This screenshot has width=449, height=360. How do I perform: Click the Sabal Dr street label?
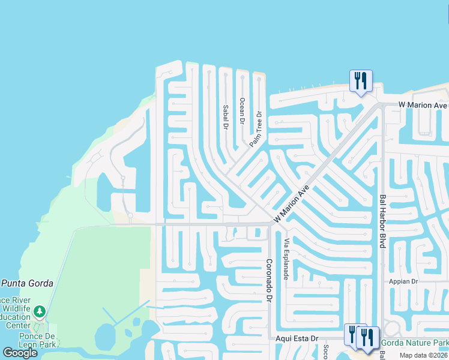click(x=226, y=118)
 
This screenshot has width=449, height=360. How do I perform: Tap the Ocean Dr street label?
click(x=242, y=110)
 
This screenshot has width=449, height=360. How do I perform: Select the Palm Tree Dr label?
click(x=257, y=129)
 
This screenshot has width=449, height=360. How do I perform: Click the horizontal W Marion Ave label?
click(x=423, y=105)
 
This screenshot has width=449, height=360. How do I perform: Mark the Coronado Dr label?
click(x=270, y=281)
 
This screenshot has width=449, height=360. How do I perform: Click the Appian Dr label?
click(x=403, y=281)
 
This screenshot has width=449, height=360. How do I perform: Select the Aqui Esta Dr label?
click(x=297, y=338)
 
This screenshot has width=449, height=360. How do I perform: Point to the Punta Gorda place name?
click(x=27, y=283)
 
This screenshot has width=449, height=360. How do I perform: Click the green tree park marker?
click(x=40, y=311)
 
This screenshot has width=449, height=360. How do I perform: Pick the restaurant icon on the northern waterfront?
click(x=361, y=80)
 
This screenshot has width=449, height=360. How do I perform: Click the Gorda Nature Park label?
click(x=415, y=343)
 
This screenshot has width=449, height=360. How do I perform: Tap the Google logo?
click(x=20, y=353)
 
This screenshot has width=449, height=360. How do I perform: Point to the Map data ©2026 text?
click(x=424, y=355)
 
